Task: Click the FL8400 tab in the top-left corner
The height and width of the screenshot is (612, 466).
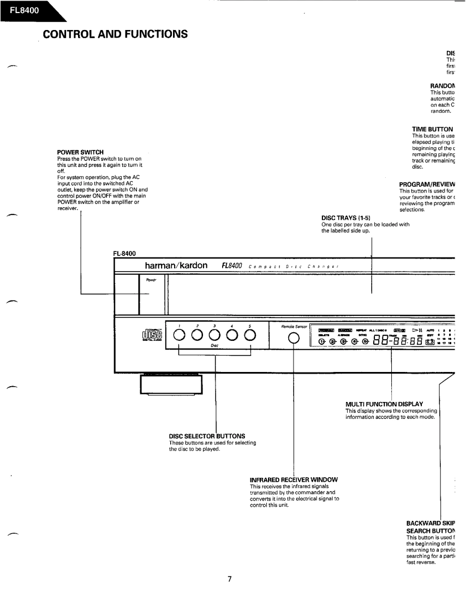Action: coord(22,9)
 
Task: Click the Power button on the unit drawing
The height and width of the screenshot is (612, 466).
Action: coord(151,295)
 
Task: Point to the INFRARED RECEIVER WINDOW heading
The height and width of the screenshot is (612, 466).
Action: coord(294,479)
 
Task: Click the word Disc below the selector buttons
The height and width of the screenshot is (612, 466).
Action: coord(214,345)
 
